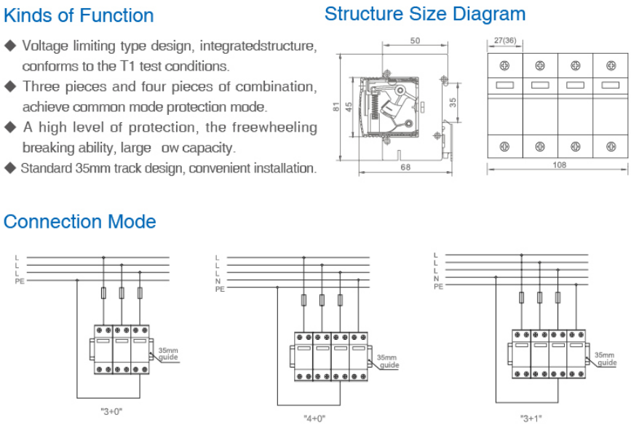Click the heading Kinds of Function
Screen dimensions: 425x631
click(79, 15)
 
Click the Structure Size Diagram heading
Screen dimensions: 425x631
click(424, 14)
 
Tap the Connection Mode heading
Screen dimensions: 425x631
click(80, 221)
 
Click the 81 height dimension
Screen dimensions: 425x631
click(336, 106)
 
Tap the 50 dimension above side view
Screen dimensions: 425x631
click(414, 41)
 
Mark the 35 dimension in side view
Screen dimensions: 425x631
click(453, 103)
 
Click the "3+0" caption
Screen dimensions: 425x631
click(111, 411)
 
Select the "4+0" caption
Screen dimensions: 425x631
click(314, 418)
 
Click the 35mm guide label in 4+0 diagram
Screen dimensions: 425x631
click(386, 362)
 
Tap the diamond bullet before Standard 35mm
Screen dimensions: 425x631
click(9, 168)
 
